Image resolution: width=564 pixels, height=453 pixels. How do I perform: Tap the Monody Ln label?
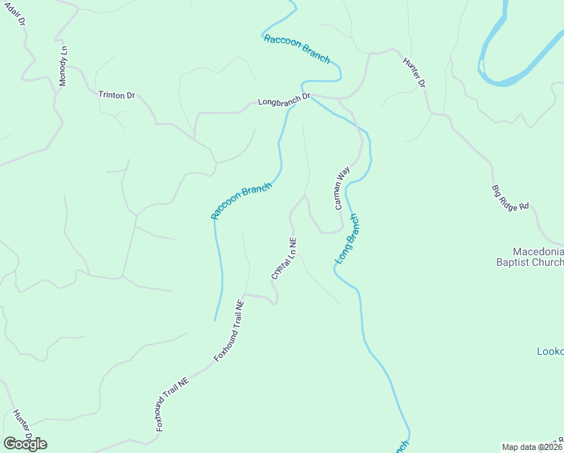pos(64,66)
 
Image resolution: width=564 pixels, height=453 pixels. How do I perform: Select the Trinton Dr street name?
pos(116,95)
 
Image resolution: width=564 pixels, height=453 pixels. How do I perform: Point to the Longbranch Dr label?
pos(284,99)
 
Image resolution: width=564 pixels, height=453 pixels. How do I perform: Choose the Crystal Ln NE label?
pos(284,259)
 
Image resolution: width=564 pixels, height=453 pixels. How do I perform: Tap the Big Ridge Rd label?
pos(510,199)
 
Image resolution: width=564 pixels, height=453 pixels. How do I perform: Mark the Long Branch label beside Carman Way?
pos(345,239)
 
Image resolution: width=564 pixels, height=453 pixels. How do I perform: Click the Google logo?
pos(25,444)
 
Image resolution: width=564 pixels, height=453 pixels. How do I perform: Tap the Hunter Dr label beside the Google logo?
pos(22,425)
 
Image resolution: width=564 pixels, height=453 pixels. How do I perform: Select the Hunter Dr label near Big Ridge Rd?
pos(414,72)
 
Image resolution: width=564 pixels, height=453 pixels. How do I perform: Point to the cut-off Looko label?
pos(550,352)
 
